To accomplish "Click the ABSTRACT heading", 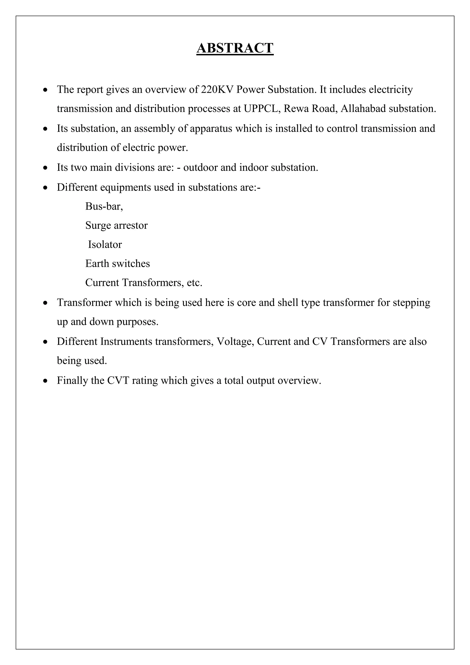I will [x=235, y=48].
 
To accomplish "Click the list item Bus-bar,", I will [x=104, y=206].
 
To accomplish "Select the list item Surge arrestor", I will [x=116, y=225].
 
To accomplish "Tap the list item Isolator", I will [x=105, y=245].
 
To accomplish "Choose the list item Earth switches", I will [x=117, y=264].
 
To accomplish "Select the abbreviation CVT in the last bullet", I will [x=118, y=380].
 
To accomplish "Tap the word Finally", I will [x=72, y=380].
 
